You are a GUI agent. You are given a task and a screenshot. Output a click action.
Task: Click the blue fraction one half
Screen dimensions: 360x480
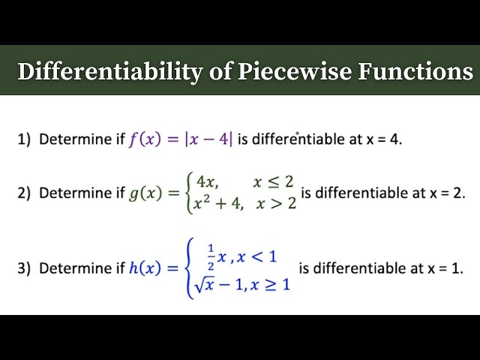pos(210,256)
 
